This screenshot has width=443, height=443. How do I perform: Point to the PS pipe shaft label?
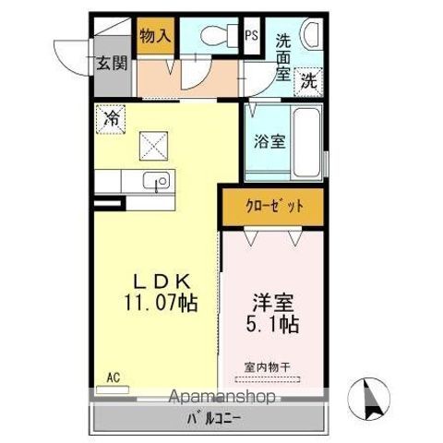(251, 37)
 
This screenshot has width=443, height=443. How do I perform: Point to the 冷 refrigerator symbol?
(111, 118)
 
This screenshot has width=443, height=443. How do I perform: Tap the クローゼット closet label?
(273, 207)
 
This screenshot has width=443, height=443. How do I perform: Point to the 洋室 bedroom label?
(273, 303)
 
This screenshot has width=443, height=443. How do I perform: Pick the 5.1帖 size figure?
(273, 324)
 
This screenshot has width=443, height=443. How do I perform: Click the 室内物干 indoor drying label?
(268, 367)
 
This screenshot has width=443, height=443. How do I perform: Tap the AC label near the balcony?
(113, 377)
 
